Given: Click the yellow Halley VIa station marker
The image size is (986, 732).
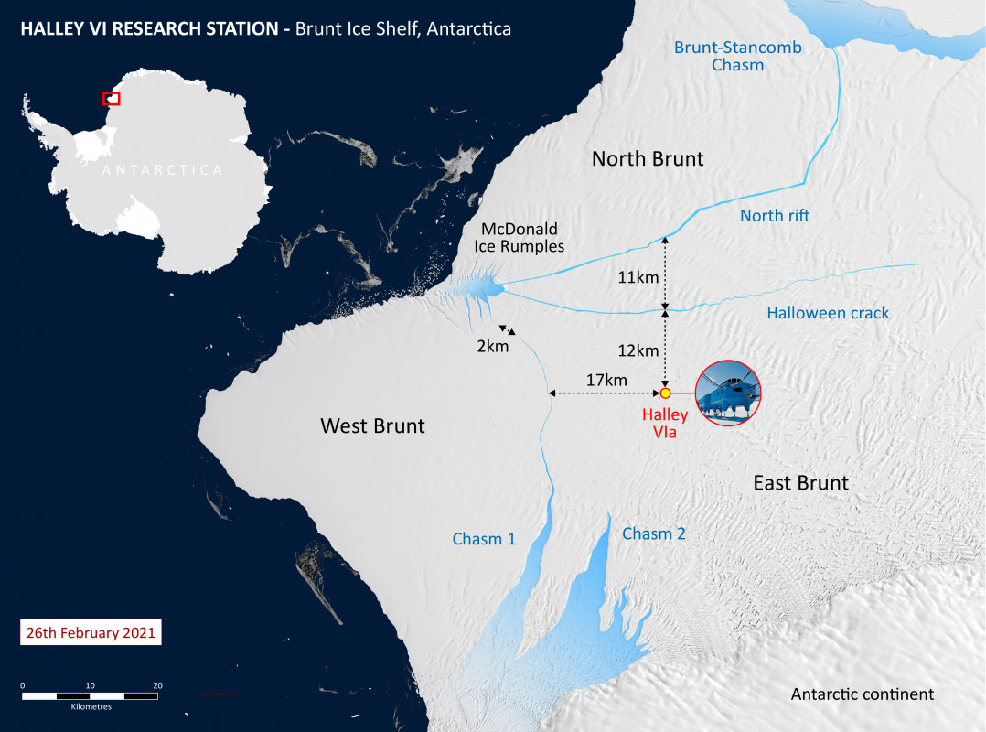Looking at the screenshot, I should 666,393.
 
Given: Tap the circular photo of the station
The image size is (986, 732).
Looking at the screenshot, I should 728,393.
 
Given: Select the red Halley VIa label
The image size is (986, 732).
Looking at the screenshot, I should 665,424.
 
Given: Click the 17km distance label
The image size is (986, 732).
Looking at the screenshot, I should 606,380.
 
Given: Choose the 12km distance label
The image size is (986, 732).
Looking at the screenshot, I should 637,350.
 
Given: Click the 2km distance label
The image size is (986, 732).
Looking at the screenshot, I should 492,347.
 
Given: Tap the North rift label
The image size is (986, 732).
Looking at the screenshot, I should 775,216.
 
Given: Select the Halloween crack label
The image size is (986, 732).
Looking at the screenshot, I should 828,313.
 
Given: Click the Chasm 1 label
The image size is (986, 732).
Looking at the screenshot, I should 484,539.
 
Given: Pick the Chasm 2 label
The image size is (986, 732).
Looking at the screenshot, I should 654,533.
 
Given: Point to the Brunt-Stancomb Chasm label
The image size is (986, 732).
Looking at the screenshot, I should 719,57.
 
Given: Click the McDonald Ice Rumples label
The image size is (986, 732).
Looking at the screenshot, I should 519,237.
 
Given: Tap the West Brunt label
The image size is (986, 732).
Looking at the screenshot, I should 372,425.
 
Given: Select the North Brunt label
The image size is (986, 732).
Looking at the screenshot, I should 648,159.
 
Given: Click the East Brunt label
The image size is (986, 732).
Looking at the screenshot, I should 800,482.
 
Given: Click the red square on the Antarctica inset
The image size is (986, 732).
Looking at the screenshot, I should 111,98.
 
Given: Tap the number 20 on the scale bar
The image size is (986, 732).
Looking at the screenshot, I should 157,685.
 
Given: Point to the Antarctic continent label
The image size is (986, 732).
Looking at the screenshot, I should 863,694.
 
